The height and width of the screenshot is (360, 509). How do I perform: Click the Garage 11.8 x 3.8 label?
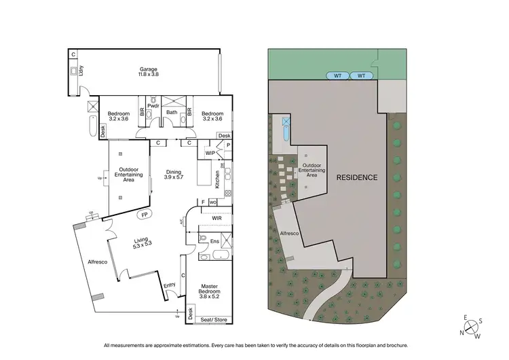pyautogui.click(x=149, y=73)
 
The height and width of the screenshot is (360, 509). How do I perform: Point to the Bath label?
pyautogui.click(x=172, y=113)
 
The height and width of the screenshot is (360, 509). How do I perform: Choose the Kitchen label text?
pyautogui.click(x=218, y=179)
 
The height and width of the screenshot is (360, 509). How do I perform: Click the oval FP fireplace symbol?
pyautogui.click(x=144, y=215)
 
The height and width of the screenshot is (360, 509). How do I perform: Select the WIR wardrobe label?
pyautogui.click(x=216, y=219)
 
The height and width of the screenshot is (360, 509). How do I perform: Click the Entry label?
pyautogui.click(x=169, y=285)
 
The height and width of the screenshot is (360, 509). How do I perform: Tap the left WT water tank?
pyautogui.click(x=337, y=76)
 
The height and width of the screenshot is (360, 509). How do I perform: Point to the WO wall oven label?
pyautogui.click(x=212, y=202)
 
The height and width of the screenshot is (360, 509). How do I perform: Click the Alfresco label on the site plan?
pyautogui.click(x=289, y=233)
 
